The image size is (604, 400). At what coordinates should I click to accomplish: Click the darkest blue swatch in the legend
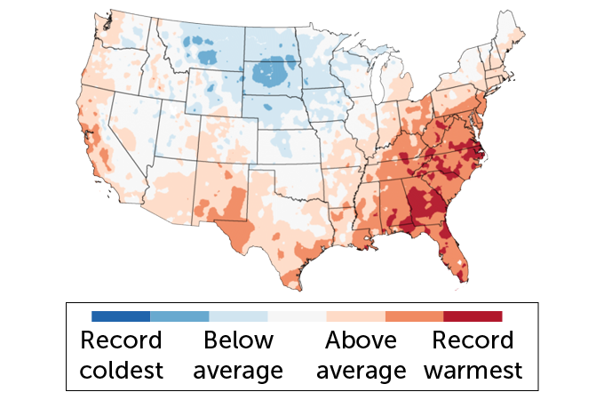pos(121,316)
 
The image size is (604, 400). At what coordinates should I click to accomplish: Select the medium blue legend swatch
pos(179,316)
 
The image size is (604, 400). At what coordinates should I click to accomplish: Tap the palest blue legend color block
pos(238,316)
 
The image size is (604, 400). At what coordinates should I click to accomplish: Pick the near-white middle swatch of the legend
pos(297,316)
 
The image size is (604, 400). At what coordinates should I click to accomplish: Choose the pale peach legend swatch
pos(355,316)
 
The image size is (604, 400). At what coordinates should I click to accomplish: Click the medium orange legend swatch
pos(414,316)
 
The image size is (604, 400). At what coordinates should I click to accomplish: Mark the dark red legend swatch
pos(473,316)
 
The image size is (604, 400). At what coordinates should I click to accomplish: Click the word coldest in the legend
pos(122,370)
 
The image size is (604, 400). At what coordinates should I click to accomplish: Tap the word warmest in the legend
pos(473,370)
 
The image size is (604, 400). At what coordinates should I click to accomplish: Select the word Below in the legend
pos(239,341)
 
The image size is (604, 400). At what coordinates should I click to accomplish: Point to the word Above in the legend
pos(360,341)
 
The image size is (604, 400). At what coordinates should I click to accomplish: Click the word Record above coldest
pos(122,341)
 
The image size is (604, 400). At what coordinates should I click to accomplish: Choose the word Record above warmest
pos(473,341)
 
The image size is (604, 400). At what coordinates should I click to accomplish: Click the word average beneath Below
pos(239,370)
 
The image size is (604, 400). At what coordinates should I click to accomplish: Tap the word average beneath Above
pos(360,370)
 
